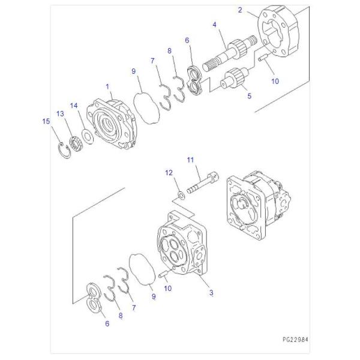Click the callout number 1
click(x=107, y=86)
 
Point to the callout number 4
click(x=214, y=25)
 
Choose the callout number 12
click(x=169, y=173)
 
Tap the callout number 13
click(x=60, y=114)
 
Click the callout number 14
click(x=74, y=106)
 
